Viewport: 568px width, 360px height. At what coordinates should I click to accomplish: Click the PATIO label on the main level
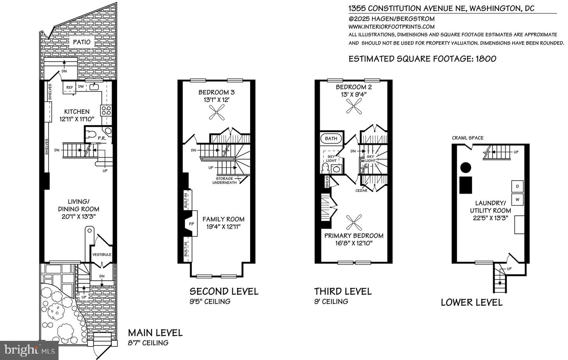[x=82, y=42]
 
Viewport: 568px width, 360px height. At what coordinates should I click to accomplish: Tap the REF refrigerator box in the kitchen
[x=69, y=88]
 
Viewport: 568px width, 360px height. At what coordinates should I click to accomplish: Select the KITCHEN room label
[x=77, y=112]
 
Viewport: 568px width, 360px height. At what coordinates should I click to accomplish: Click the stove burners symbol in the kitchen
[x=106, y=110]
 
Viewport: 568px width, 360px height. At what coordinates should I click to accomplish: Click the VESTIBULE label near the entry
[x=102, y=255]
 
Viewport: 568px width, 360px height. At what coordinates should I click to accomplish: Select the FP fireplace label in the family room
[x=192, y=224]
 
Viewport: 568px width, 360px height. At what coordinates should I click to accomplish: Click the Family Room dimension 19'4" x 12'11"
[x=223, y=227]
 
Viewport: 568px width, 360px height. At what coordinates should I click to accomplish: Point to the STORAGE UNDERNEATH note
[x=225, y=181]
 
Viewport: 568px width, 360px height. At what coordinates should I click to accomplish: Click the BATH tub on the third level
[x=331, y=138]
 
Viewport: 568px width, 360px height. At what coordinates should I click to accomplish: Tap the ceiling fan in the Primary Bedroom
[x=353, y=223]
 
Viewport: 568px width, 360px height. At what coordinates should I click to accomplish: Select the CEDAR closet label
[x=361, y=191]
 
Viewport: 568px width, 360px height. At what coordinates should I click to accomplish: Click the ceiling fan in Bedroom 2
[x=353, y=106]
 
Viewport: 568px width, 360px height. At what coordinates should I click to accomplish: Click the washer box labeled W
[x=517, y=200]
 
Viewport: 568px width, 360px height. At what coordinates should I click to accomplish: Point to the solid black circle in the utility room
[x=466, y=168]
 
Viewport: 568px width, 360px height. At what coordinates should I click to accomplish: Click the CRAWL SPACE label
[x=467, y=138]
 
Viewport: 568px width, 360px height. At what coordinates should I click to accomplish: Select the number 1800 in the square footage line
[x=486, y=59]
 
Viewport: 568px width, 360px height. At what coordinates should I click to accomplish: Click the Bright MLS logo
[x=30, y=349]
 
